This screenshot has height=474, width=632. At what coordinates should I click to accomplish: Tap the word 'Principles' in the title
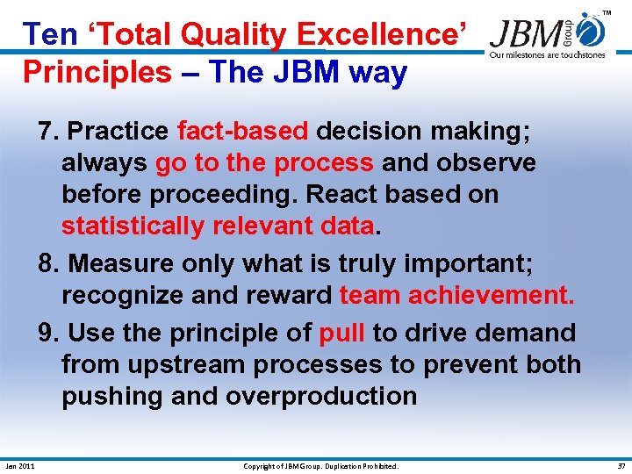(x=97, y=72)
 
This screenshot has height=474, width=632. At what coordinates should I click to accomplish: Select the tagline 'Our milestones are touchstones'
(x=547, y=55)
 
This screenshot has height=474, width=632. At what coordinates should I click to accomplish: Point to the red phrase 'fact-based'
(x=242, y=132)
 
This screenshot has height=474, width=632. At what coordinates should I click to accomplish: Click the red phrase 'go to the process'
(x=263, y=163)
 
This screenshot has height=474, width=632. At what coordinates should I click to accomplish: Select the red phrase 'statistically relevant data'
(x=218, y=226)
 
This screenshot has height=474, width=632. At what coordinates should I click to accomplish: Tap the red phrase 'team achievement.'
(x=456, y=295)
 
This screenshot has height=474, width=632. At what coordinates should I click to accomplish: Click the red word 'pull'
(x=341, y=334)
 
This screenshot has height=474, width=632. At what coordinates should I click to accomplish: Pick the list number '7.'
(x=48, y=132)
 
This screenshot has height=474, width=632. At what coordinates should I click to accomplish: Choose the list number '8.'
(x=48, y=263)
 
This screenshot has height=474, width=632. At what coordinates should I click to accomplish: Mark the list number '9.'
(x=48, y=334)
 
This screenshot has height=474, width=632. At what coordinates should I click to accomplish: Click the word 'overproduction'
(x=321, y=397)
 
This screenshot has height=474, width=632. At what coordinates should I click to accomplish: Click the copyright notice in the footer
(x=320, y=466)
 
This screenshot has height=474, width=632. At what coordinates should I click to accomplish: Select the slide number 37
(x=619, y=466)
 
